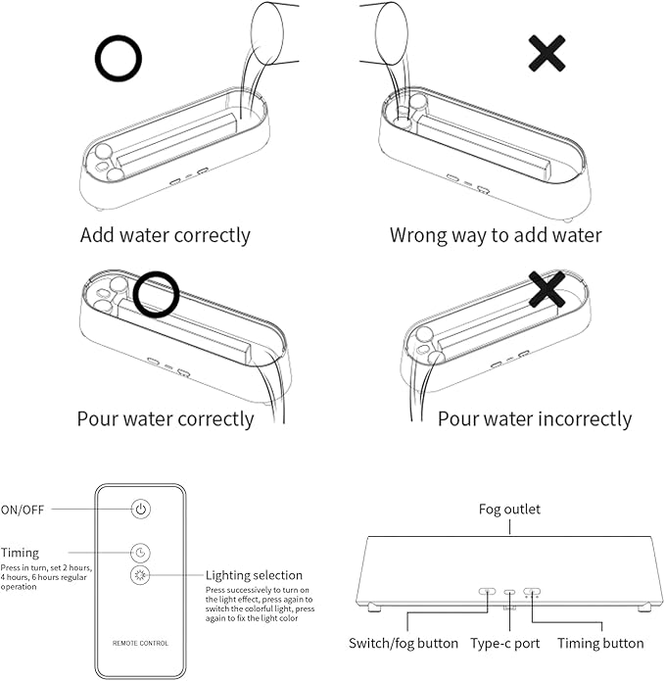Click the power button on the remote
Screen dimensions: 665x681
[141, 509]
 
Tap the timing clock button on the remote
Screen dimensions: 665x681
[140, 553]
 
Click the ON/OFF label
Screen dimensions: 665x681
[23, 510]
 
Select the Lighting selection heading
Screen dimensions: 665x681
[254, 575]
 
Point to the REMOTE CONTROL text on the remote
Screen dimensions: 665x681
[140, 643]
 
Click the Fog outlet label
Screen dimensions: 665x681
[509, 509]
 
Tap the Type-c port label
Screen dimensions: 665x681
[505, 643]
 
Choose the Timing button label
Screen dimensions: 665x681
[600, 643]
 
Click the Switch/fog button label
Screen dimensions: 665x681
[404, 643]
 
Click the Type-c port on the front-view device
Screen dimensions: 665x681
[509, 592]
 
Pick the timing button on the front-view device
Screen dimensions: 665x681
[532, 591]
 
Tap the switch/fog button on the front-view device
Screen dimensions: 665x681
[487, 591]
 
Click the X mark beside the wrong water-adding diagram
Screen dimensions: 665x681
[546, 54]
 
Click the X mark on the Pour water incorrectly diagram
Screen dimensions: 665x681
[546, 289]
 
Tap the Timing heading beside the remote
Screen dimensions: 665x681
[20, 553]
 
